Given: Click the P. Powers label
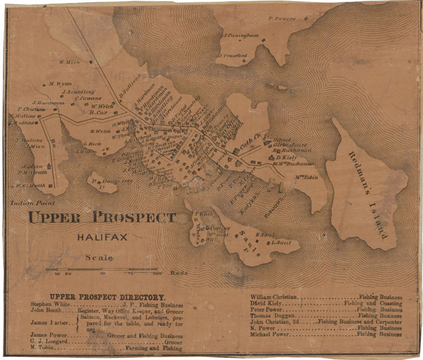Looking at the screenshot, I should click(x=283, y=19).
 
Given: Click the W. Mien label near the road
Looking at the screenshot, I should click(x=69, y=62).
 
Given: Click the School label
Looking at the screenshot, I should click(x=282, y=139).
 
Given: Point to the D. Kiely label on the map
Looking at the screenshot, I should click(x=287, y=157).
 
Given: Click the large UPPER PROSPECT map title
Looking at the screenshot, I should click(x=102, y=218).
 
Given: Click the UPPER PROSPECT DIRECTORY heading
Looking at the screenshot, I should click(x=108, y=297).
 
